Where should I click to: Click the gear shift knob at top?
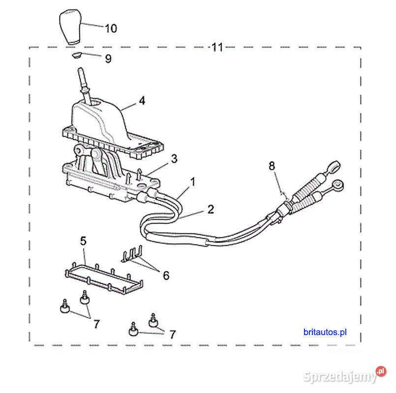pyautogui.click(x=70, y=27)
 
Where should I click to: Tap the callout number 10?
pyautogui.click(x=111, y=28)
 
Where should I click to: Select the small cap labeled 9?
pyautogui.click(x=76, y=55)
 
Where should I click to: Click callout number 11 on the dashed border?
pyautogui.click(x=217, y=47)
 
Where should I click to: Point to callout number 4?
pyautogui.click(x=142, y=101)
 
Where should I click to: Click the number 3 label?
pyautogui.click(x=174, y=159)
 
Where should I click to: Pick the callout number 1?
pyautogui.click(x=193, y=182)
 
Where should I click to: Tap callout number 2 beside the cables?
pyautogui.click(x=211, y=209)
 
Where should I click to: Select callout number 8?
pyautogui.click(x=272, y=166)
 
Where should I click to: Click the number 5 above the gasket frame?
pyautogui.click(x=83, y=241)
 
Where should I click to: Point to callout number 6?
pyautogui.click(x=166, y=275)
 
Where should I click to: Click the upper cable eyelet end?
pyautogui.click(x=334, y=166)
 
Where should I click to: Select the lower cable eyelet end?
pyautogui.click(x=337, y=185)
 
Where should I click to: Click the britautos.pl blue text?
pyautogui.click(x=325, y=332)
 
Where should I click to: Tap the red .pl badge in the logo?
pyautogui.click(x=381, y=371)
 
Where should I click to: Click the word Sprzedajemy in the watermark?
pyautogui.click(x=340, y=377)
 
